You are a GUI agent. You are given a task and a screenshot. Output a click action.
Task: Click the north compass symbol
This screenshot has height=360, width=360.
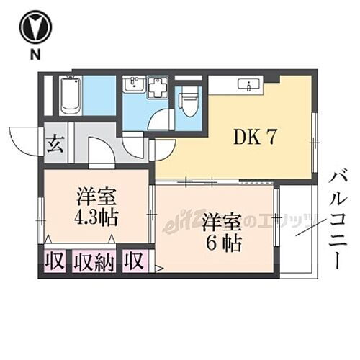pyautogui.click(x=35, y=27)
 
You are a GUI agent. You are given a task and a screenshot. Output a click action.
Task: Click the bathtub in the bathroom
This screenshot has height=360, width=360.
pyautogui.click(x=69, y=96)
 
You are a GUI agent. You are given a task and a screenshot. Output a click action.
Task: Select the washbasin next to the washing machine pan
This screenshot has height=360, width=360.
pyautogui.click(x=134, y=86)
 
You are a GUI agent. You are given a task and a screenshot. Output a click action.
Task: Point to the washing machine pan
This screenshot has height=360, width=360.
pyautogui.click(x=158, y=87)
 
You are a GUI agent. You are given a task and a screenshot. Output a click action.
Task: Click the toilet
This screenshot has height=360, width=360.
pyautogui.click(x=189, y=102)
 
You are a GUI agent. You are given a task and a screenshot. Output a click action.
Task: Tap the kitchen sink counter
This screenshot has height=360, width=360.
pyautogui.click(x=249, y=85)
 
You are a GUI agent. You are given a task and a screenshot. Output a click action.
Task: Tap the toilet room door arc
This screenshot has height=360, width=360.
pyautogui.click(x=160, y=120)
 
